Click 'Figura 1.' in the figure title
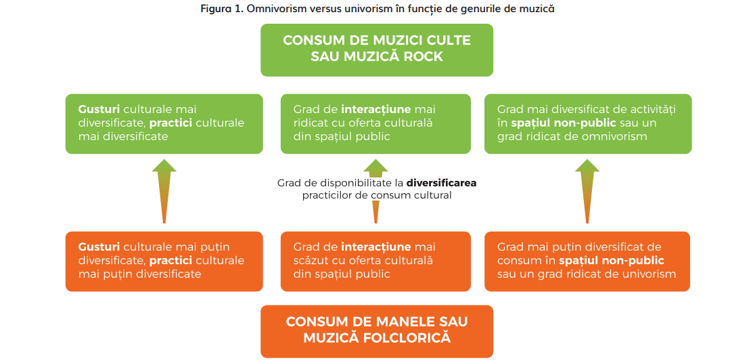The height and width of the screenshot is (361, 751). tap(221, 9)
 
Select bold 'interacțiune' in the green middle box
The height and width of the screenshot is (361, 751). tap(374, 109)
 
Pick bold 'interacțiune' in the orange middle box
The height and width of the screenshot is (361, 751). tap(374, 247)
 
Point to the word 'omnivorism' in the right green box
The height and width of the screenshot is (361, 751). tap(616, 136)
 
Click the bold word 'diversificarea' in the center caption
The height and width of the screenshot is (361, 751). tap(441, 183)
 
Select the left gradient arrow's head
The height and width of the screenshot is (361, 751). tap(164, 165)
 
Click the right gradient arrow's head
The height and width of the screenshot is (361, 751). tap(587, 165)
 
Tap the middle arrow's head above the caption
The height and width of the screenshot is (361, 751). tap(375, 167)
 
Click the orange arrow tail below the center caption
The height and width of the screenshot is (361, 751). tap(375, 211)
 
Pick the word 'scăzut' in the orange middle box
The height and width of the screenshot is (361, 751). tap(311, 260)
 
